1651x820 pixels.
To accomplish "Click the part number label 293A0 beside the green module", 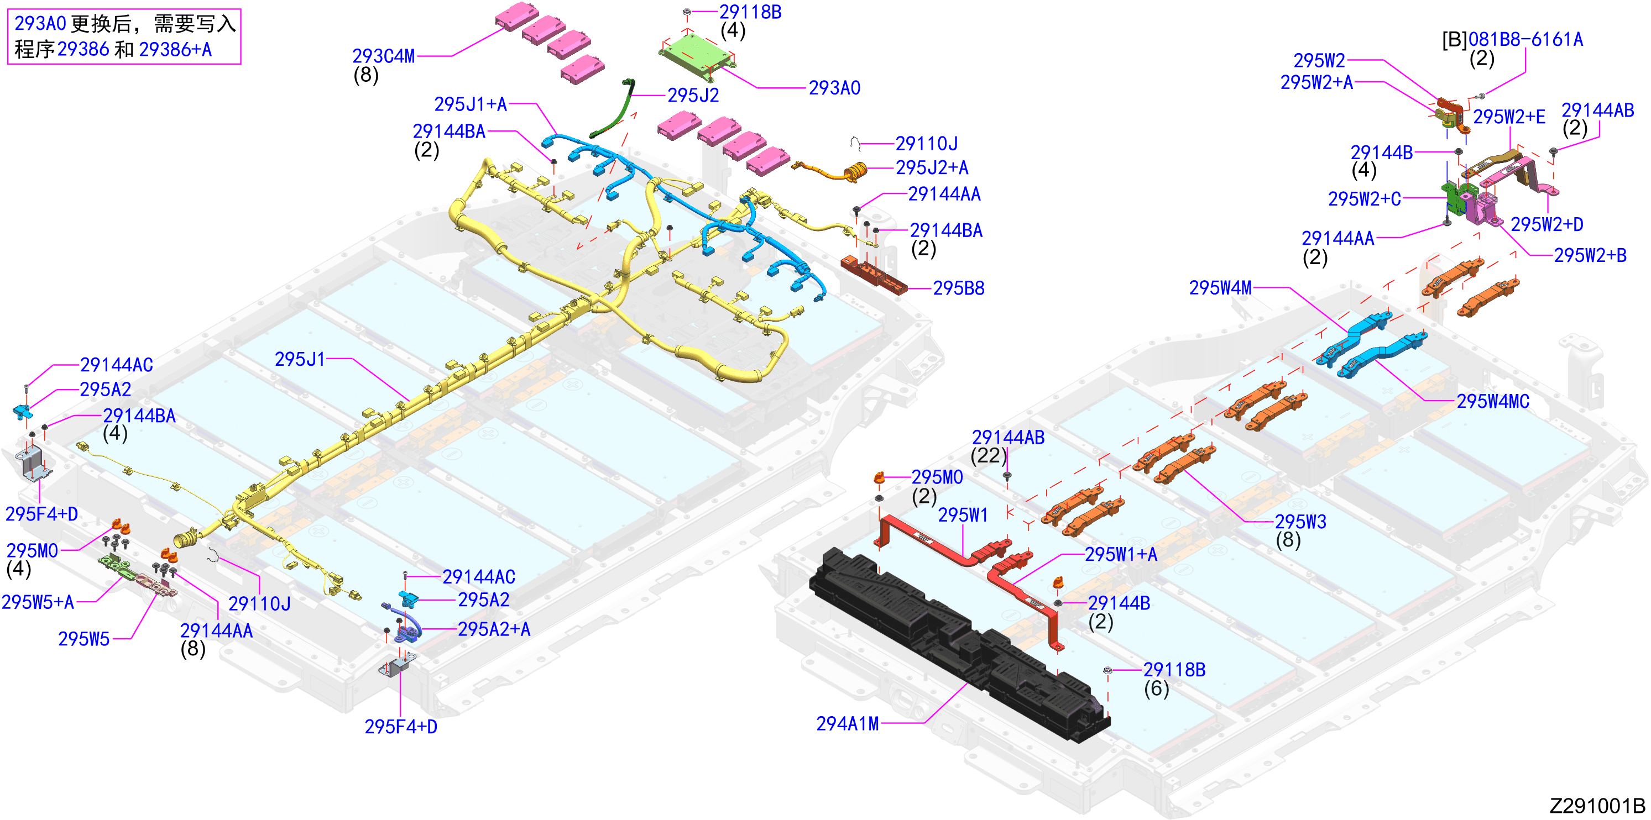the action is pyautogui.click(x=834, y=88).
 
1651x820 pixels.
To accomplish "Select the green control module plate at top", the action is pyautogui.click(x=696, y=56).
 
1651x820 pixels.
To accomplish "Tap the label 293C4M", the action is pyautogui.click(x=383, y=56).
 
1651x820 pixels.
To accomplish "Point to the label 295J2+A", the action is pyautogui.click(x=931, y=168).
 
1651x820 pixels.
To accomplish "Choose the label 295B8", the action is pyautogui.click(x=958, y=288).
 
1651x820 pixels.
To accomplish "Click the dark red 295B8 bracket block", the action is pyautogui.click(x=874, y=274).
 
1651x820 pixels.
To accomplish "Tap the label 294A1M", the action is pyautogui.click(x=847, y=724).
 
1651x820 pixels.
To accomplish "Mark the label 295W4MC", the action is pyautogui.click(x=1493, y=402).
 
